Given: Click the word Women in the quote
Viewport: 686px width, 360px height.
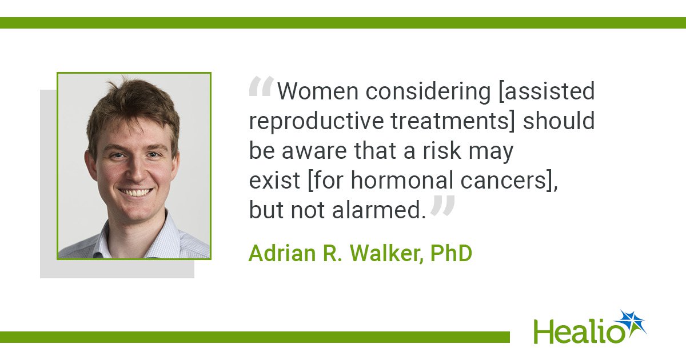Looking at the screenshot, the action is (318, 91).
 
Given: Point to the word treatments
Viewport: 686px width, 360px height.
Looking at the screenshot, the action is (451, 121).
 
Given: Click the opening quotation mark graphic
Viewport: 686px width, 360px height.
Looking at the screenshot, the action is (261, 86).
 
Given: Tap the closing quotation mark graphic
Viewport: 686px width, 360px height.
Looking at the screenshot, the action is (442, 205).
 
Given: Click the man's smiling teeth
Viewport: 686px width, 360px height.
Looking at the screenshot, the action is (135, 193).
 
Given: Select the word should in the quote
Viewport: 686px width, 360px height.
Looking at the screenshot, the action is (559, 121).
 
